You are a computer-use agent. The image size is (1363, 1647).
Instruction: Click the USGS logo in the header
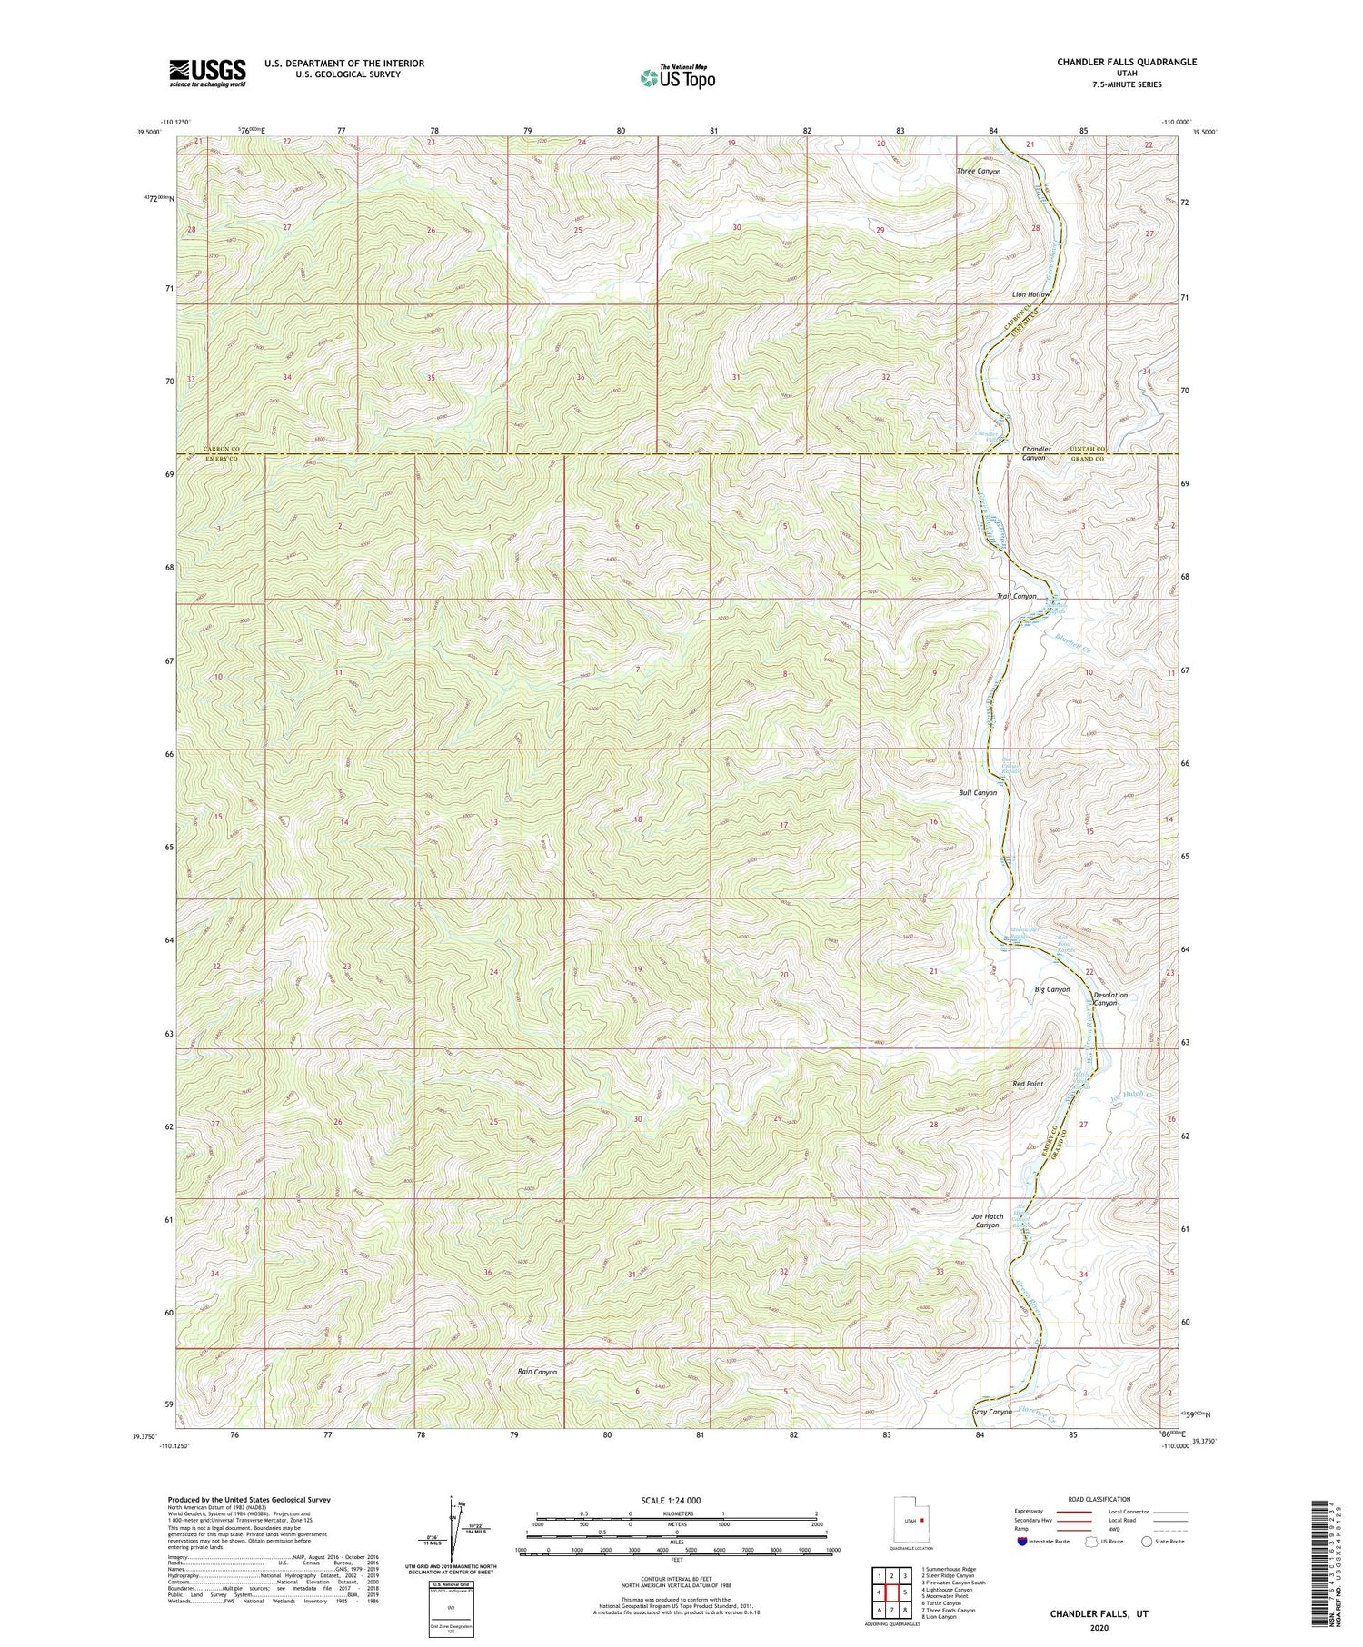point(206,73)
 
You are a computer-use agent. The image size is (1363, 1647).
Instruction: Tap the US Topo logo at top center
point(676,78)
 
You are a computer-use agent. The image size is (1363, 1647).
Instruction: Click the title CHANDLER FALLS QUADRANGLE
point(1113,62)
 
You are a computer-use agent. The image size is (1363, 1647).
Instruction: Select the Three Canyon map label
point(978,171)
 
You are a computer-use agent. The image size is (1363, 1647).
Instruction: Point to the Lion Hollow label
point(1030,295)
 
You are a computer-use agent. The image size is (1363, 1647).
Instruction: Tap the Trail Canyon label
point(1016,597)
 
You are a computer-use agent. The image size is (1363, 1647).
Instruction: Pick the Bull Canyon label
point(978,792)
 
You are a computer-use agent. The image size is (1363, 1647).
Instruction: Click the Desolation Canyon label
point(1109,999)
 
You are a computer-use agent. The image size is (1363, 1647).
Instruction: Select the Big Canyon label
point(1052,989)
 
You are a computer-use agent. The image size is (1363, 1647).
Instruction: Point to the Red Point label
point(1028,1084)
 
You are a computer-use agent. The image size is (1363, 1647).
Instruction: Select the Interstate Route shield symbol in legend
point(1022,1542)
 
